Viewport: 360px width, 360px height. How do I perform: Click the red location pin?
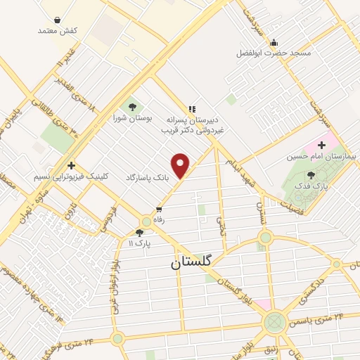pyautogui.click(x=181, y=165)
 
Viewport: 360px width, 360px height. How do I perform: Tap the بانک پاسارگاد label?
pyautogui.click(x=148, y=178)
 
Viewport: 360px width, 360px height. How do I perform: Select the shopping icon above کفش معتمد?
pyautogui.click(x=57, y=20)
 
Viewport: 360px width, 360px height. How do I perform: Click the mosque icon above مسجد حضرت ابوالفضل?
pyautogui.click(x=274, y=43)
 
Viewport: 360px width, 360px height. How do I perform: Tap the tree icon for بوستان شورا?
pyautogui.click(x=131, y=107)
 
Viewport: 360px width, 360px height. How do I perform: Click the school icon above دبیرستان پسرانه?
pyautogui.click(x=191, y=108)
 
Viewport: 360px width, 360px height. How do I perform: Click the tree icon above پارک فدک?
pyautogui.click(x=311, y=175)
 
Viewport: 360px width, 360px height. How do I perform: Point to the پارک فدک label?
pyautogui.click(x=319, y=186)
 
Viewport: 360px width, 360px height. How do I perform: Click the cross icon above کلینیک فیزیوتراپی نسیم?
pyautogui.click(x=71, y=165)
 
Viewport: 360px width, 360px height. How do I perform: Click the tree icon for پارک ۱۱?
pyautogui.click(x=139, y=233)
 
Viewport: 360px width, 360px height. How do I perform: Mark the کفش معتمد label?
pyautogui.click(x=57, y=30)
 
